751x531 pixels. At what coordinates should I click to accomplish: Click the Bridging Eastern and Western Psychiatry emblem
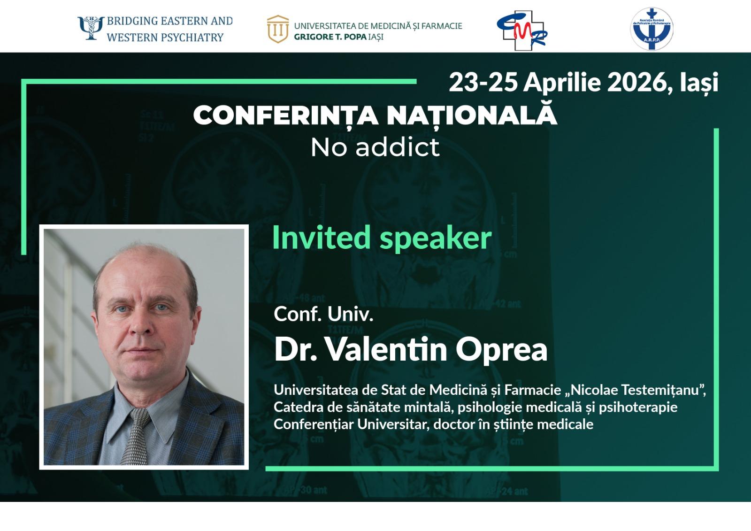[x=91, y=28]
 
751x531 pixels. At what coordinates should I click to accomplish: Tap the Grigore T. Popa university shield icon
[x=278, y=29]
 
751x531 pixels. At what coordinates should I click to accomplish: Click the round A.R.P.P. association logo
[x=652, y=29]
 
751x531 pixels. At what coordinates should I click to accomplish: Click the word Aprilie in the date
[x=562, y=83]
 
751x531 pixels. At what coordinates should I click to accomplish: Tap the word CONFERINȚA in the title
[x=286, y=116]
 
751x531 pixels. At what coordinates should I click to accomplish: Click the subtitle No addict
[x=375, y=147]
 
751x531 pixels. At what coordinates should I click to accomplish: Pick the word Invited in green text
[x=321, y=238]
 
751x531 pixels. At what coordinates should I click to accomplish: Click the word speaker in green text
[x=436, y=239]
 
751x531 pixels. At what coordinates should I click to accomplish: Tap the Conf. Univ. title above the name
[x=323, y=314]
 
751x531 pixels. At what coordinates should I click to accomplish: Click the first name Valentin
[x=387, y=349]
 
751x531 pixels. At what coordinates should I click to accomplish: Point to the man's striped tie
[x=136, y=437]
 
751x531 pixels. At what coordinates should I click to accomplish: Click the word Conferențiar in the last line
[x=314, y=424]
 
